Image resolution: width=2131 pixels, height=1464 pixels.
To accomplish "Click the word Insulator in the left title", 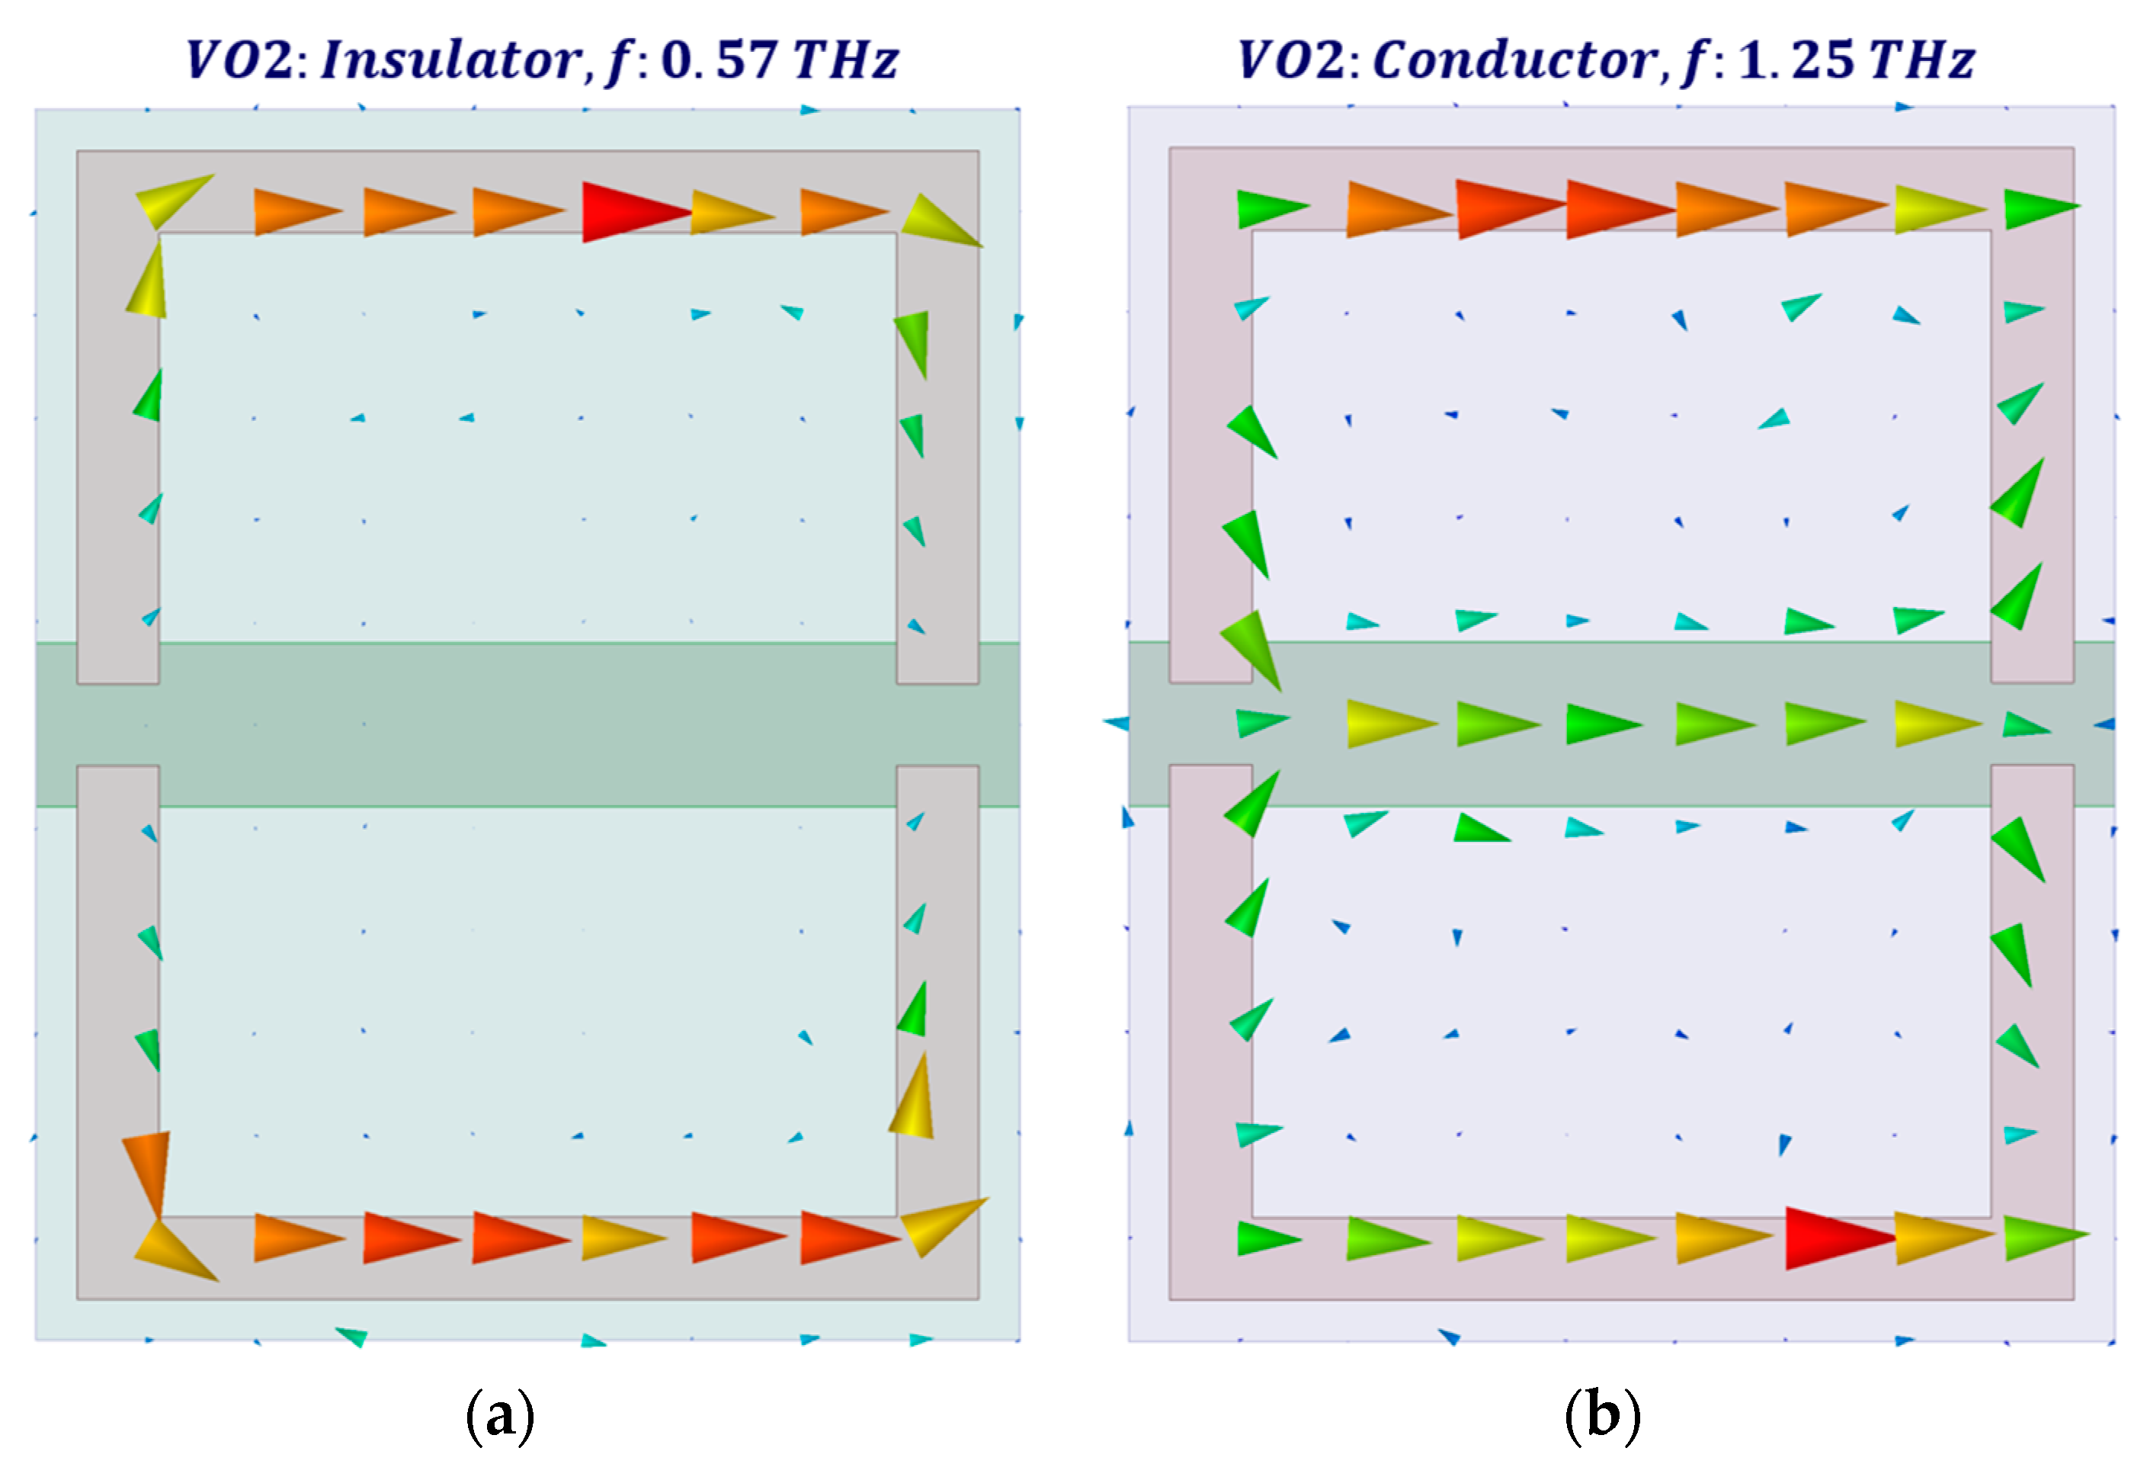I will click(x=450, y=60).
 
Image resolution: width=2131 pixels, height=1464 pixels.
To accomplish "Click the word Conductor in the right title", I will click(x=1514, y=60).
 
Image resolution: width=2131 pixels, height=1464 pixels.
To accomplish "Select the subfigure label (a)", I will click(x=500, y=1416).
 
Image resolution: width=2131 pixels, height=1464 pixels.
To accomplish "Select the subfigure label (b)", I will click(x=1602, y=1416).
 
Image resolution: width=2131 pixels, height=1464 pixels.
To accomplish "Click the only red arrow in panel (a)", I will click(x=633, y=212).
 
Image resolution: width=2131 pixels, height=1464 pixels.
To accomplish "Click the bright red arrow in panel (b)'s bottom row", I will click(x=1837, y=1238).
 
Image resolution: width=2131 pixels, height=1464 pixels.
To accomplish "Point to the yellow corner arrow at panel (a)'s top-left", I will click(x=171, y=199).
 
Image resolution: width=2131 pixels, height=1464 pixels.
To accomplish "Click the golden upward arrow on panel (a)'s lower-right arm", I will click(x=913, y=1101).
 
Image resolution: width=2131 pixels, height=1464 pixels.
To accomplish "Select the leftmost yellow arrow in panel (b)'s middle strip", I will click(x=1386, y=724).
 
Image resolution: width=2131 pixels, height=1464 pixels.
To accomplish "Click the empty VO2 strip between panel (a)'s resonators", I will click(x=527, y=724).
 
